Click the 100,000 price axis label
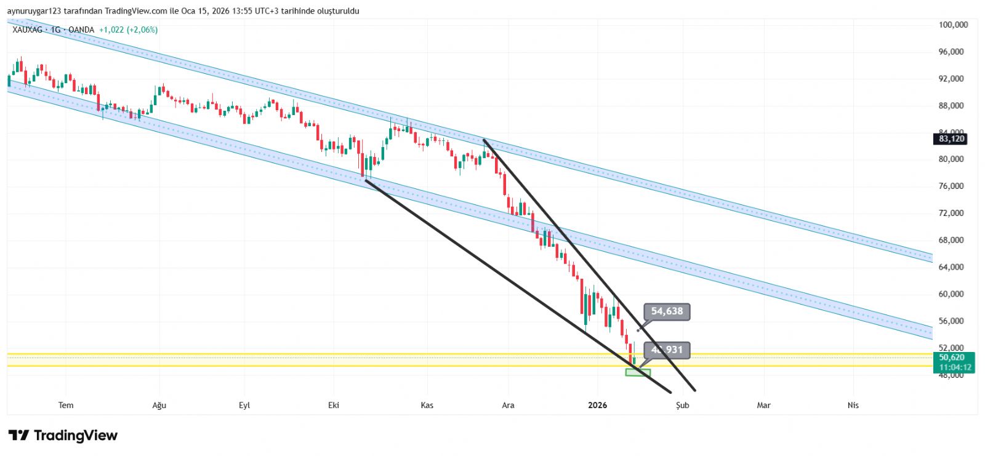pos(953,25)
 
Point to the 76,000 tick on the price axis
pos(951,186)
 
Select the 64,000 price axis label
pos(951,267)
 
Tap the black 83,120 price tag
pos(951,139)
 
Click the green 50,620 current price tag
pos(952,358)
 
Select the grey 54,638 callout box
pos(667,311)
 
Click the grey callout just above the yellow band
pos(667,350)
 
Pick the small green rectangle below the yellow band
pos(638,372)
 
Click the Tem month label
pos(66,405)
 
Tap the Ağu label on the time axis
pos(159,405)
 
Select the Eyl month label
pos(244,405)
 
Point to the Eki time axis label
pos(334,405)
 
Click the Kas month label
pos(427,405)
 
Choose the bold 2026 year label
pos(597,405)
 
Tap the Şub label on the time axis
pos(682,405)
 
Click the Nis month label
pos(853,405)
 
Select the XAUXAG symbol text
pos(27,30)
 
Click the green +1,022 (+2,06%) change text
pos(128,30)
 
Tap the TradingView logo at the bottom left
pos(63,436)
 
